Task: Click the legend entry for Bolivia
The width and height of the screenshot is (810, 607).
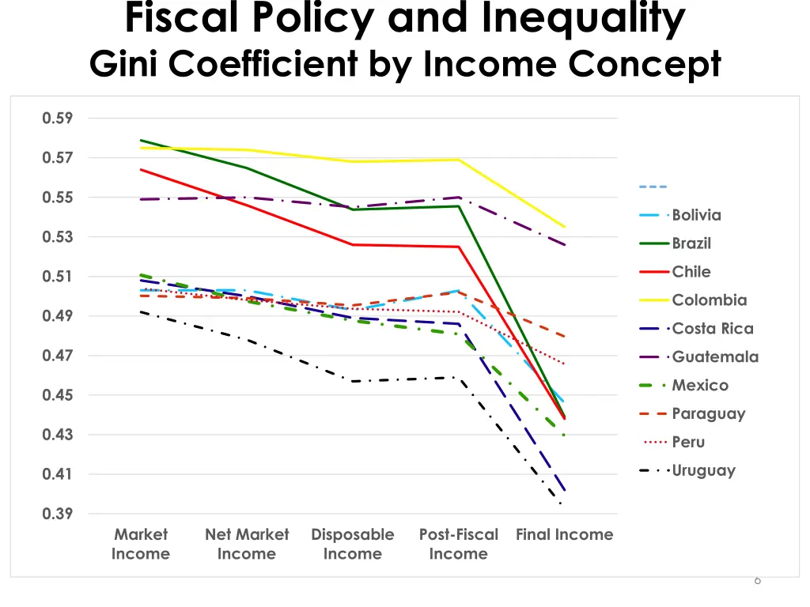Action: click(x=696, y=215)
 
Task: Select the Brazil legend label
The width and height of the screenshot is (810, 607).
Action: click(x=691, y=243)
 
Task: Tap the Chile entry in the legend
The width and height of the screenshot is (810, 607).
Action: click(x=691, y=272)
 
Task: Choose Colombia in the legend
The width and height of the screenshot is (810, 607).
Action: click(x=709, y=300)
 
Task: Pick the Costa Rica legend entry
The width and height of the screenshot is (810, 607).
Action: click(x=712, y=329)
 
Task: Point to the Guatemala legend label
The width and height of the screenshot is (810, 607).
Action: click(x=715, y=357)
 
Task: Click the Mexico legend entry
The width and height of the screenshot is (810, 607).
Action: click(x=700, y=386)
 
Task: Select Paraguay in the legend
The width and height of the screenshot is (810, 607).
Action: click(x=708, y=414)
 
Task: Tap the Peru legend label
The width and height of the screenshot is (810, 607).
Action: click(x=688, y=443)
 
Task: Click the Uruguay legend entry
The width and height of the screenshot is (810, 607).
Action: click(x=703, y=471)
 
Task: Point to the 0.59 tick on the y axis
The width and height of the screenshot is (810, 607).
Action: click(x=58, y=119)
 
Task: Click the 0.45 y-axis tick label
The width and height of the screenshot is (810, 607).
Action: click(x=58, y=395)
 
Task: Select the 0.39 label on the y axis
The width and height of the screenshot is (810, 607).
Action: click(x=58, y=514)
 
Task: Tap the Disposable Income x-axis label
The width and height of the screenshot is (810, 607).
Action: click(x=353, y=544)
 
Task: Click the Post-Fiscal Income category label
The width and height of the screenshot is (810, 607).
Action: click(x=459, y=544)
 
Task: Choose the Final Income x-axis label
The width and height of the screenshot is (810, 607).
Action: click(x=564, y=535)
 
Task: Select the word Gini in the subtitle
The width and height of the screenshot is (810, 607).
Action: click(x=125, y=64)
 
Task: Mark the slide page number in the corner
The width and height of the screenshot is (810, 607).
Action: click(x=757, y=581)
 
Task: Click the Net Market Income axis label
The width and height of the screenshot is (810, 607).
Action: click(x=247, y=544)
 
